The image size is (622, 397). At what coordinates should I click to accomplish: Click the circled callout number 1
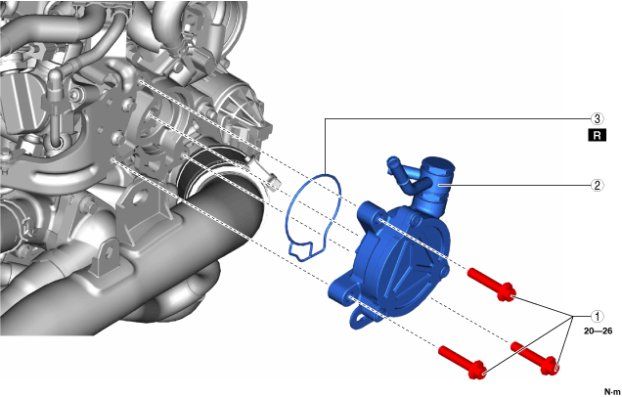coord(597,316)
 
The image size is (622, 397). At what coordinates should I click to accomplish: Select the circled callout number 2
coord(597,185)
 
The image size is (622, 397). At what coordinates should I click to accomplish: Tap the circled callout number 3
coord(597,118)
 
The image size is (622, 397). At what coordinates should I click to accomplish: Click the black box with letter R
coord(597,136)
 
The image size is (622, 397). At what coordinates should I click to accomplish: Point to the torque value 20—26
coord(598,331)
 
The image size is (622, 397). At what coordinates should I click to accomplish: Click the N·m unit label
coord(613,391)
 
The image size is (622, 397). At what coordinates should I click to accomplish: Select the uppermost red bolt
coord(492,285)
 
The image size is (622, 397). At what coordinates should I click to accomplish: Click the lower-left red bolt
coord(463,362)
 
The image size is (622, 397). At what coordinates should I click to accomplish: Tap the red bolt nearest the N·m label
coord(535,358)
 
